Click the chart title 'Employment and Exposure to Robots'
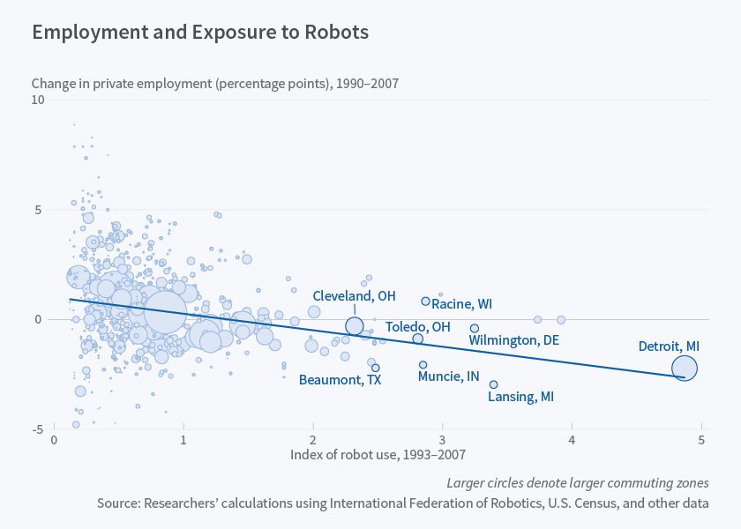(200, 33)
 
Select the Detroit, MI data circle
(684, 369)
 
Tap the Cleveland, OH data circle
(355, 326)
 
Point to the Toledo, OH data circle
(418, 339)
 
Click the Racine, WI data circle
(425, 302)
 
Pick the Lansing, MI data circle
(493, 384)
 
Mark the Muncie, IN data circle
(423, 365)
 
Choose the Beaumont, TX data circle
(375, 368)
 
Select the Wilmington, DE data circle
(475, 328)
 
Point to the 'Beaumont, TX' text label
(340, 381)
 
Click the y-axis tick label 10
(38, 101)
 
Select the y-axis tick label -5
(39, 429)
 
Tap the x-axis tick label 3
(442, 439)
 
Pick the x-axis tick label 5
(701, 439)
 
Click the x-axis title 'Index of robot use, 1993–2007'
(378, 455)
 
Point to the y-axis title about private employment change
(215, 84)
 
